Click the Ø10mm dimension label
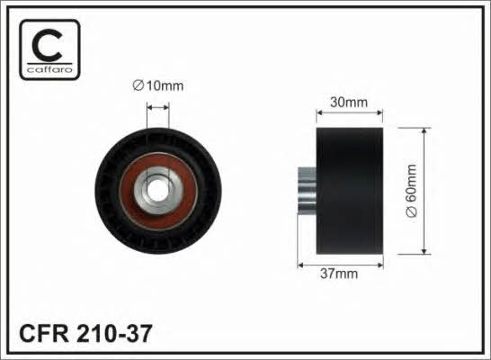coord(158,85)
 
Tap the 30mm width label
coord(349,103)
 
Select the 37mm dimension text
coord(339,274)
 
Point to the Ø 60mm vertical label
coord(411,191)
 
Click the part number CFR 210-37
coord(85,333)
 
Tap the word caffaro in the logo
coord(49,69)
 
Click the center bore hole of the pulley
coord(157,191)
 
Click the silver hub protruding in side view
coord(307,191)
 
